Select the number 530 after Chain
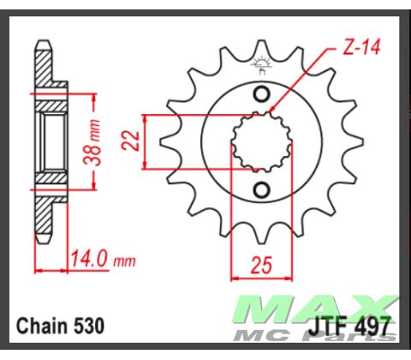pos(90,327)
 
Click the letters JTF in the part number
pos(328,327)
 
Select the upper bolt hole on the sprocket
pos(264,93)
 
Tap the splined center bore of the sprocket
pos(258,141)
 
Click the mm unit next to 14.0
pos(124,256)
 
